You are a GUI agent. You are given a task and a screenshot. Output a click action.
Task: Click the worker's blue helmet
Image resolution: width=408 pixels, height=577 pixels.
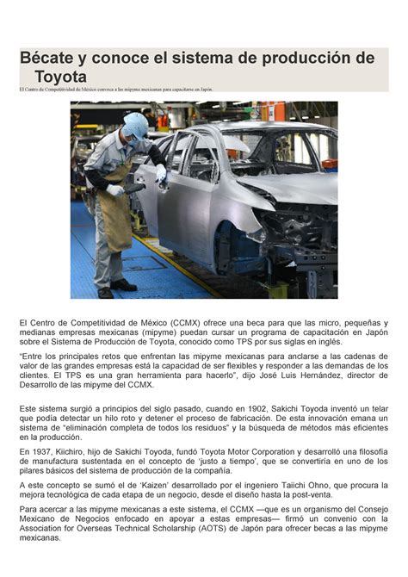click(x=136, y=123)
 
